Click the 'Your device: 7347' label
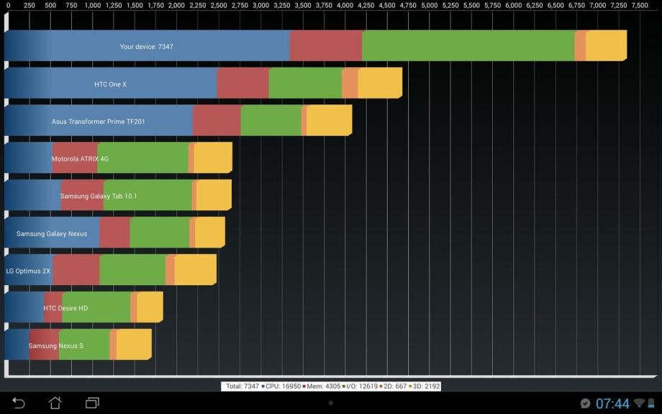pyautogui.click(x=146, y=47)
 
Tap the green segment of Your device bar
pyautogui.click(x=468, y=46)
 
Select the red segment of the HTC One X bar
pyautogui.click(x=242, y=84)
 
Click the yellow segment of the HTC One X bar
pyautogui.click(x=379, y=84)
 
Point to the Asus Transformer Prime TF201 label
pyautogui.click(x=98, y=122)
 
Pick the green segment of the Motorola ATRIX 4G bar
pyautogui.click(x=142, y=158)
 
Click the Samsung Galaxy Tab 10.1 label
pyautogui.click(x=99, y=196)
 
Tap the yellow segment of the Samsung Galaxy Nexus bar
pyautogui.click(x=209, y=233)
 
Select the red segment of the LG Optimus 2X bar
pyautogui.click(x=76, y=271)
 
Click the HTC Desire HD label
pyautogui.click(x=65, y=308)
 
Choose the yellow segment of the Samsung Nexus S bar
pyautogui.click(x=133, y=346)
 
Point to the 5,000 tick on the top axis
pyautogui.click(x=429, y=5)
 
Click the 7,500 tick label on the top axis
pyautogui.click(x=640, y=5)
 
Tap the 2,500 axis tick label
pyautogui.click(x=219, y=5)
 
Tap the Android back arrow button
pyautogui.click(x=19, y=403)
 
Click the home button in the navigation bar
pyautogui.click(x=55, y=403)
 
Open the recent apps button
pyautogui.click(x=92, y=403)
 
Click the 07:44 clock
pyautogui.click(x=612, y=404)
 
